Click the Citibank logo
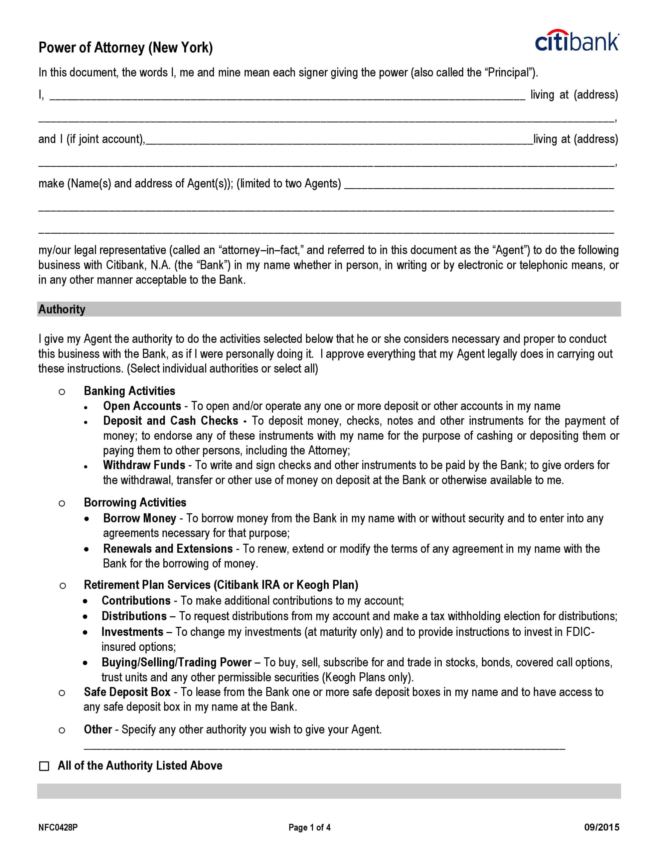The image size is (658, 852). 576,41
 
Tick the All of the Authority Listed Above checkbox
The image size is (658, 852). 45,766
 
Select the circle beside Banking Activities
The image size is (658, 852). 62,392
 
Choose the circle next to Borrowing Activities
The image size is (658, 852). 62,503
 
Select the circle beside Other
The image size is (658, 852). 62,730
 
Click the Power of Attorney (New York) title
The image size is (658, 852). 126,48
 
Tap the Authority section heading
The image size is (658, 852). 62,310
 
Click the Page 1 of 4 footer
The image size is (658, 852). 309,827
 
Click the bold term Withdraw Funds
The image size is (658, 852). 144,465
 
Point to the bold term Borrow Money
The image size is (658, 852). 140,518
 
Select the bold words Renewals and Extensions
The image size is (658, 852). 168,548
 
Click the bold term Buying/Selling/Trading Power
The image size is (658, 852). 176,662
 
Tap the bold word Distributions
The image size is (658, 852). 134,616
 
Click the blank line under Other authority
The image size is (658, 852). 324,748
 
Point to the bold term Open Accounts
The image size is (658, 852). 142,406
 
